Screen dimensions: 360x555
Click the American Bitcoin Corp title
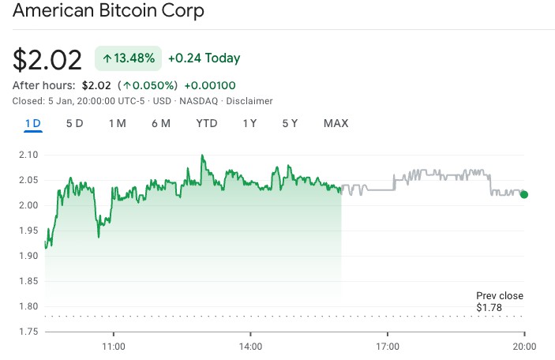108,12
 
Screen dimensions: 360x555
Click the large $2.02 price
47,60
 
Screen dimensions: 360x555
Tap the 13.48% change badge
129,58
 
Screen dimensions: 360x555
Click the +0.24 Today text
204,58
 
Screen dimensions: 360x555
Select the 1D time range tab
33,123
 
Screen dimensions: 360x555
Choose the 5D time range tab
74,123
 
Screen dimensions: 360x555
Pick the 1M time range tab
117,123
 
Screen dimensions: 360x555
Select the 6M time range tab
161,123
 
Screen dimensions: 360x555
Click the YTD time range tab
207,123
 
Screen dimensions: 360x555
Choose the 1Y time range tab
249,123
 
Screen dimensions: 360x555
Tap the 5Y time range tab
290,123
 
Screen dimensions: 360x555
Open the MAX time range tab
336,123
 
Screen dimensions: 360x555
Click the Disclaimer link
251,101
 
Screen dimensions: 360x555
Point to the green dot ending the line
524,194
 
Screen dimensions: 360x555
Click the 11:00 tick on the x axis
114,346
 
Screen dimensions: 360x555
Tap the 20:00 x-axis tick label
525,346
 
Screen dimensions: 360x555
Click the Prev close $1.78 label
499,302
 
